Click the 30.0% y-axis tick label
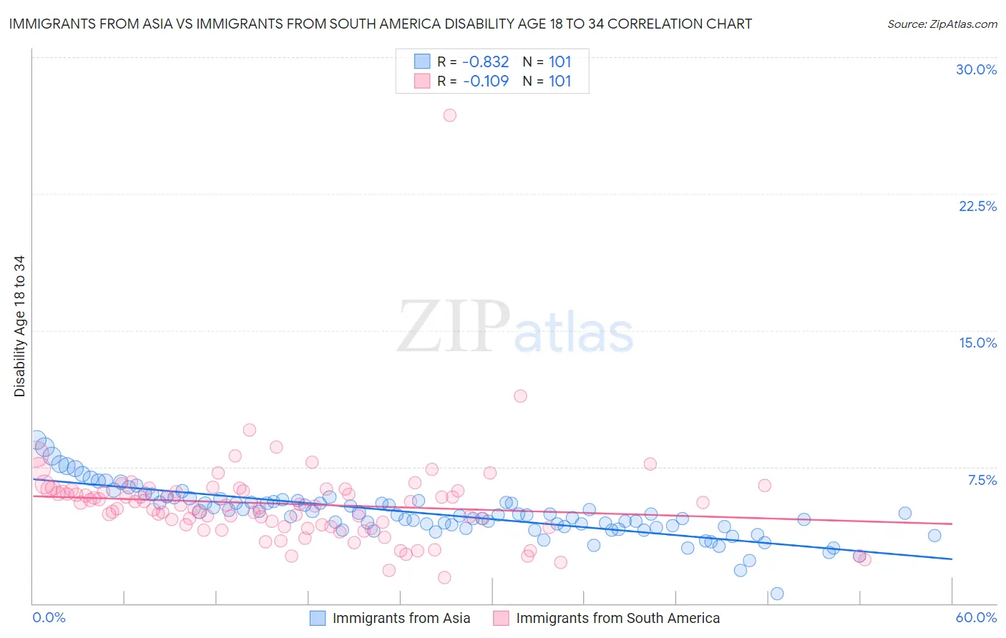[x=976, y=69]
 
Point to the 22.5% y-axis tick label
[x=977, y=206]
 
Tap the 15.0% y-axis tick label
[x=977, y=343]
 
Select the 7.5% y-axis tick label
[x=982, y=480]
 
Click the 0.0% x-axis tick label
[x=49, y=617]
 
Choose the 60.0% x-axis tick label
[x=976, y=617]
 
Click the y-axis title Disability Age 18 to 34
[x=19, y=326]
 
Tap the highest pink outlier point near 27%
[x=449, y=115]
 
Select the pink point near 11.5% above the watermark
[x=520, y=396]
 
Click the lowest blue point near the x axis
[x=777, y=594]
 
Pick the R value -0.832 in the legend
[x=486, y=62]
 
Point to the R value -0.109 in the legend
[x=486, y=82]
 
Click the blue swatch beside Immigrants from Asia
[x=317, y=618]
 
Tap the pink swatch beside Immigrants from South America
[x=501, y=618]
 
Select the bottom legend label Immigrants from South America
[x=617, y=618]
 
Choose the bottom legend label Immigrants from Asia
[x=401, y=618]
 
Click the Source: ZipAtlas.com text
[x=942, y=24]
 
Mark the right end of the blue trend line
[x=952, y=559]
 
